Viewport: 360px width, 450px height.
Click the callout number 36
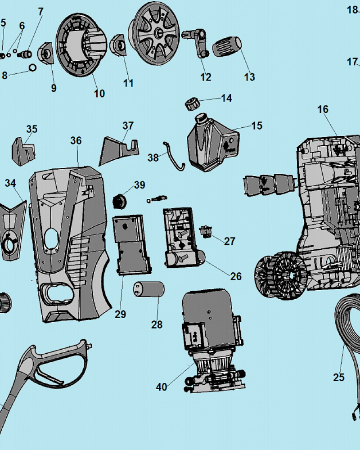(x=76, y=140)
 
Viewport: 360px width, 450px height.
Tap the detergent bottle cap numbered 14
(x=192, y=103)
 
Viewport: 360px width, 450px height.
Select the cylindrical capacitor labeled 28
(x=148, y=289)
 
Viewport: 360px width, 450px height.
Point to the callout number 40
(x=162, y=387)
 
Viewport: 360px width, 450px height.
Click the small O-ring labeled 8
(x=33, y=67)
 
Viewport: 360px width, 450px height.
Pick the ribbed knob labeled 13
(x=227, y=46)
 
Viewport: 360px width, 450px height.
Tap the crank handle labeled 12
(x=198, y=42)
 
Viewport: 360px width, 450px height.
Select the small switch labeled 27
(x=206, y=232)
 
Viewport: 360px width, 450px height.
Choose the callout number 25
(x=339, y=377)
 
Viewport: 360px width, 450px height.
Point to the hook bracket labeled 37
(x=119, y=151)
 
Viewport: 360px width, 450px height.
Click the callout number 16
(x=323, y=109)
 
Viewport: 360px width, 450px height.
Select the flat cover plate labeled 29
(x=132, y=244)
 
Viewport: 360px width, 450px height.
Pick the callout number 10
(x=99, y=93)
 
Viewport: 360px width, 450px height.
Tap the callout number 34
(x=10, y=183)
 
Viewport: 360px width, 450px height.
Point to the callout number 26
(x=236, y=276)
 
